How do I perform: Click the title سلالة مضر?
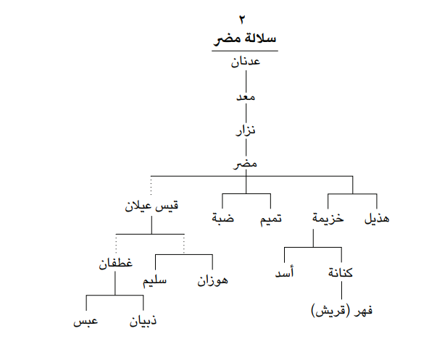tap(245, 38)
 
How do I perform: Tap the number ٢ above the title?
tap(242, 20)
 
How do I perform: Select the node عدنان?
tap(246, 62)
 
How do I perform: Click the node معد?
tap(246, 97)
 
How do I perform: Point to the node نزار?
tap(246, 130)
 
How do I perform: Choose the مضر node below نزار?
tap(245, 164)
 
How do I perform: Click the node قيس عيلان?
tap(151, 206)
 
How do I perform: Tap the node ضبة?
tap(223, 218)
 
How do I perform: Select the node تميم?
tap(271, 219)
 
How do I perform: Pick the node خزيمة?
tap(328, 218)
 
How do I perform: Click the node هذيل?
tap(377, 219)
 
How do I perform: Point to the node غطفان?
tap(115, 263)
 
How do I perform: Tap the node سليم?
tap(154, 280)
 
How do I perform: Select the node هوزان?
tap(212, 280)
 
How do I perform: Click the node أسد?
tap(285, 272)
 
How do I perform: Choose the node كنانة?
tap(341, 273)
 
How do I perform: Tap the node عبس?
tap(86, 321)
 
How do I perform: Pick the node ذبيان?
tap(143, 321)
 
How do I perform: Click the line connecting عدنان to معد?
tap(246, 81)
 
